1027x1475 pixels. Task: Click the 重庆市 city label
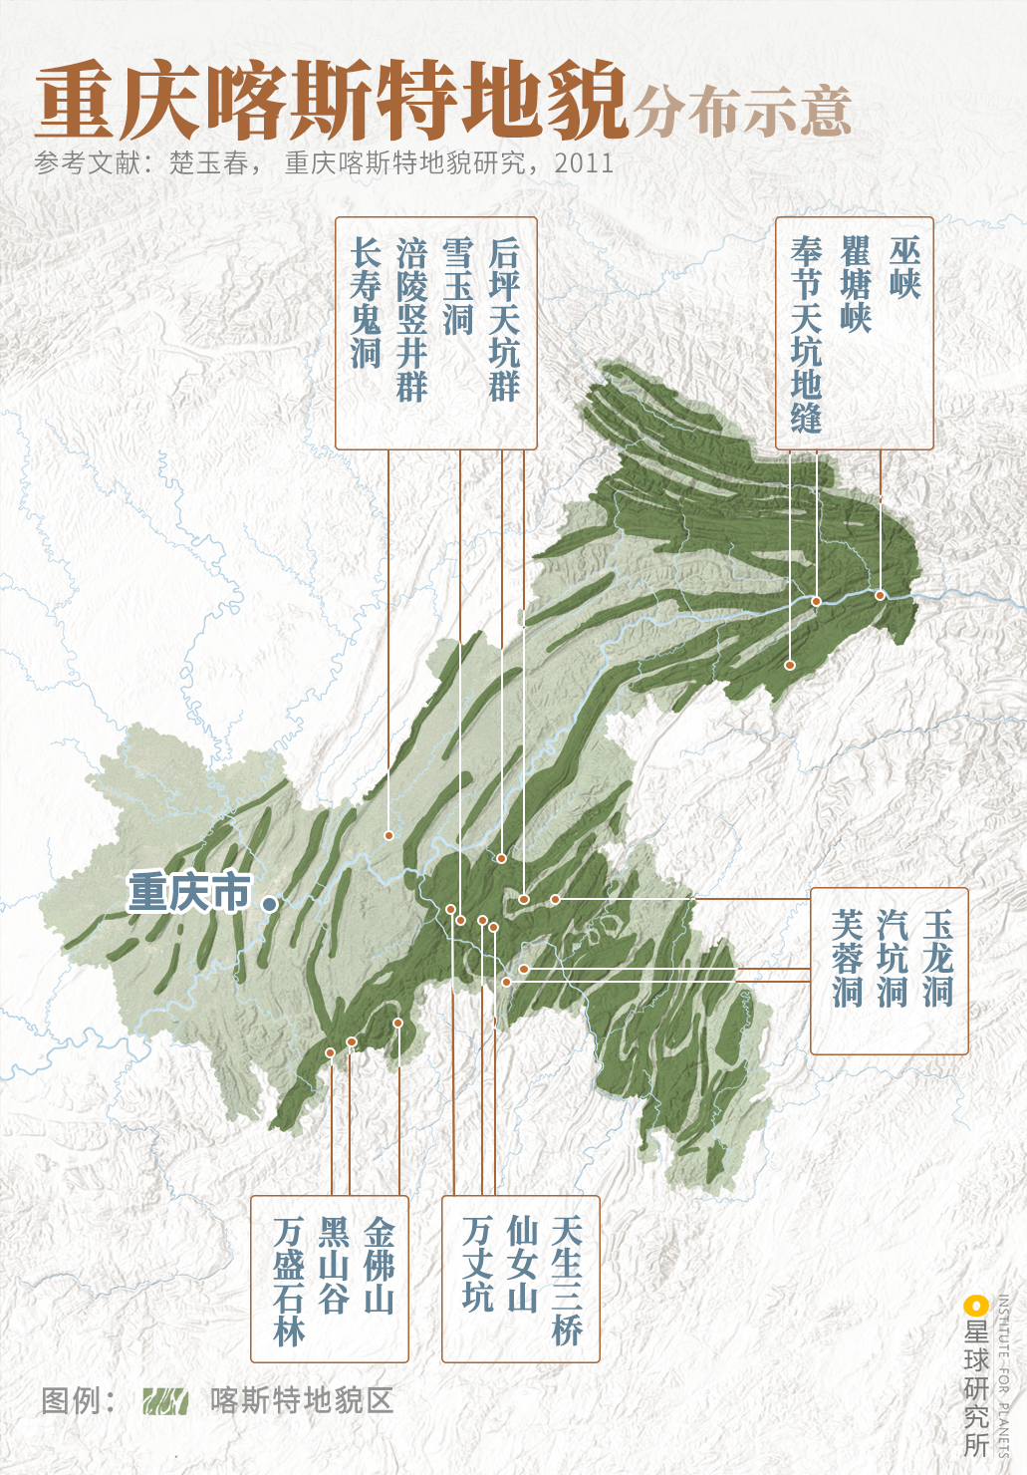tap(189, 892)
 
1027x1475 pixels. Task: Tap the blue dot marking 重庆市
tap(269, 904)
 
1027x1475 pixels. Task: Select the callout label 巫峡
tap(904, 268)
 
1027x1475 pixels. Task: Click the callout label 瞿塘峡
tap(856, 284)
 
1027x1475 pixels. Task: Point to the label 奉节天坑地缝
tap(806, 334)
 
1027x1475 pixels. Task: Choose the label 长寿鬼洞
tap(366, 302)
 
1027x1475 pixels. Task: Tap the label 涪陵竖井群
tap(411, 319)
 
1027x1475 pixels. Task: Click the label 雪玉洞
tap(458, 285)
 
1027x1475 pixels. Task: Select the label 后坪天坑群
tap(504, 319)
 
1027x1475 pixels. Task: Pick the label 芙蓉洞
tap(847, 958)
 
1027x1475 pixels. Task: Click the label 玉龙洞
tap(937, 958)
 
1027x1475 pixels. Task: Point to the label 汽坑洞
tap(893, 958)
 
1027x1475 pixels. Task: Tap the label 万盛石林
tap(289, 1282)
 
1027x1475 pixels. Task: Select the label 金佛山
tap(380, 1265)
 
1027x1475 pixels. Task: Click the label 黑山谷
tap(334, 1265)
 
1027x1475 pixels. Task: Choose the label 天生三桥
tap(566, 1281)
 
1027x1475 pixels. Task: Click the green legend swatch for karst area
tap(165, 1401)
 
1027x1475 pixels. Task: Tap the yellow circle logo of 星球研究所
tap(974, 1306)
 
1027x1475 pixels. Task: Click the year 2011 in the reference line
tap(584, 163)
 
